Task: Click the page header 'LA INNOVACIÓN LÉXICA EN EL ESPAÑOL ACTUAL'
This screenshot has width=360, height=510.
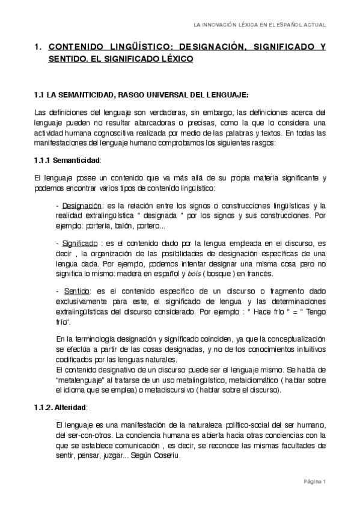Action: (x=259, y=25)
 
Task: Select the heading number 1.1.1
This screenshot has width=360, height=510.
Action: (x=42, y=161)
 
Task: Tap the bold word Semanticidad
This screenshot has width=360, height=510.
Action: (x=77, y=161)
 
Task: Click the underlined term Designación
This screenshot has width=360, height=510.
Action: (x=80, y=206)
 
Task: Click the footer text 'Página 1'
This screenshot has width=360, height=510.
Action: (x=314, y=482)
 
